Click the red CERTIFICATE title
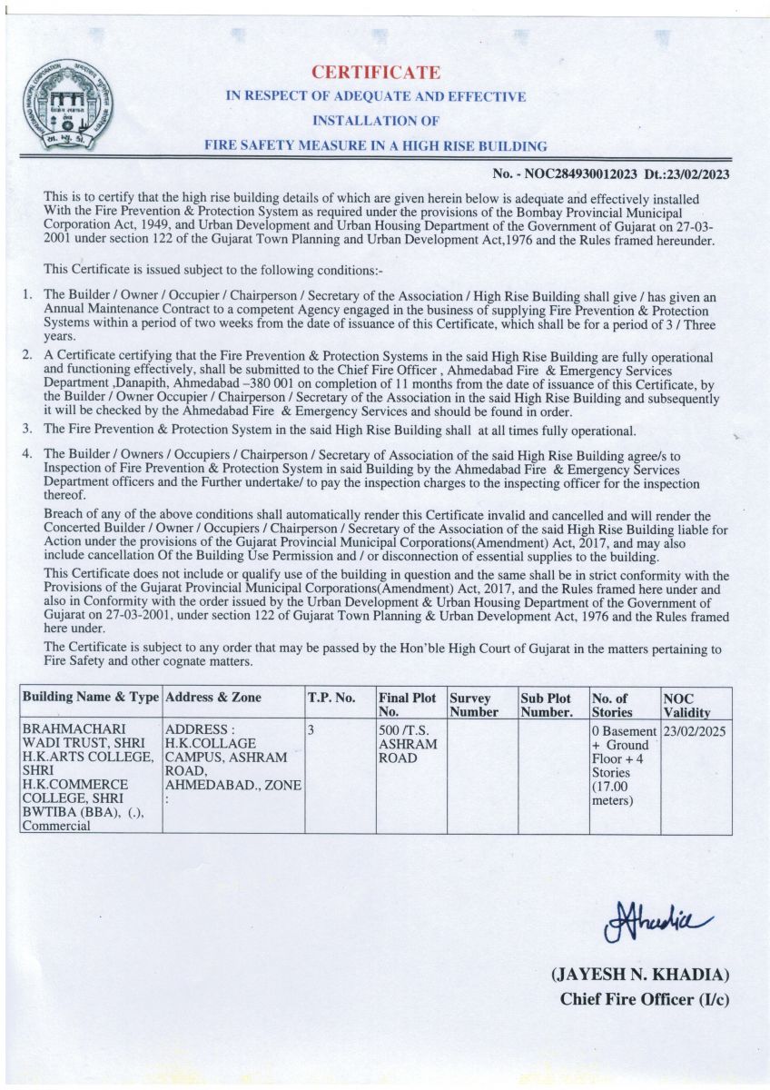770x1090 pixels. tap(376, 73)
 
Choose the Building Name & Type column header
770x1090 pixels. tap(90, 698)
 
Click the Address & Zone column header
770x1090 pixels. tap(212, 698)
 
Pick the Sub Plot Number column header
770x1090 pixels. tap(547, 705)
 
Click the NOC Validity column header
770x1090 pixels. tap(687, 705)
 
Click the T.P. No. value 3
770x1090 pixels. tap(311, 730)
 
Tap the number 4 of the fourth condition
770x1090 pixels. tap(27, 452)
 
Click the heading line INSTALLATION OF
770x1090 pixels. tap(376, 120)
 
